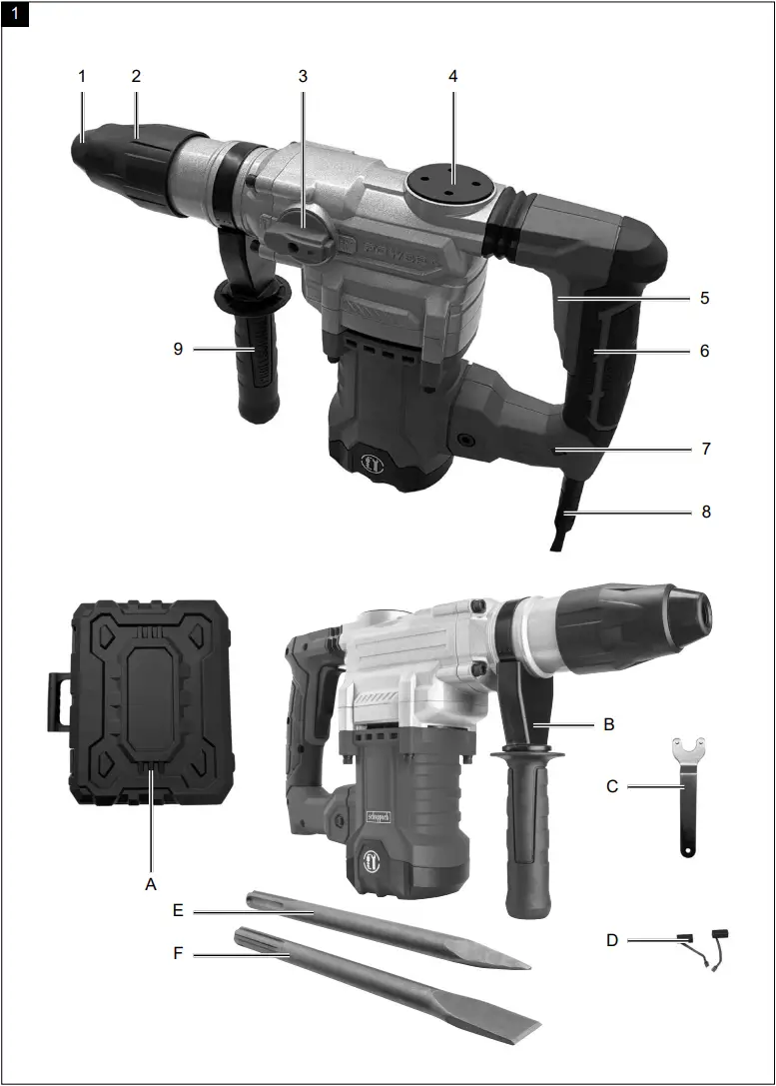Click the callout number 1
[x=84, y=76]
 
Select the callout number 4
[x=452, y=76]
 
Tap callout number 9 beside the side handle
[x=179, y=349]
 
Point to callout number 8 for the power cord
[x=705, y=512]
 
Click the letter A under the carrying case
[x=151, y=883]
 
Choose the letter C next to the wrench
[x=613, y=786]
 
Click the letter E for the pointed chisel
[x=178, y=910]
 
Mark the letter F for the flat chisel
[x=178, y=954]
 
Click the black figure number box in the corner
[x=19, y=17]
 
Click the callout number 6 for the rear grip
[x=705, y=351]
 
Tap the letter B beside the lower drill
[x=608, y=724]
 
